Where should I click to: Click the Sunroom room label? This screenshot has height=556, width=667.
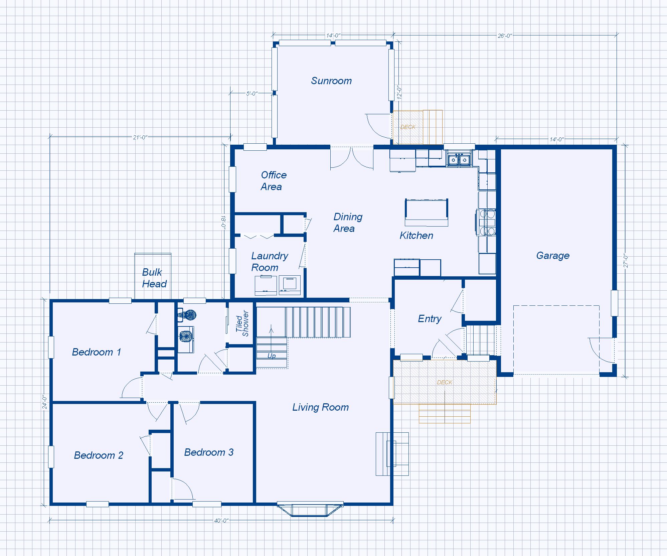point(331,81)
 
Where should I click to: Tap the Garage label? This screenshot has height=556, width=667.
point(553,256)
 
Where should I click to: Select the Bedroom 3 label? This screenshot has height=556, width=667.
point(209,452)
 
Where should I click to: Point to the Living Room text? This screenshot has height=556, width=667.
point(321,407)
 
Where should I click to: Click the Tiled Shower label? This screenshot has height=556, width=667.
point(242,323)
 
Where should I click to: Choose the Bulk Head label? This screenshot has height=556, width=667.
point(154,278)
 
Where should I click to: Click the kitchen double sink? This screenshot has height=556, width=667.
point(459,159)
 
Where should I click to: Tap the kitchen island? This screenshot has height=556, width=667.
point(427,213)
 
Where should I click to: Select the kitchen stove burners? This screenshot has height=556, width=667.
point(486,222)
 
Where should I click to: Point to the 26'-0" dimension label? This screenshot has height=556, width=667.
point(505,36)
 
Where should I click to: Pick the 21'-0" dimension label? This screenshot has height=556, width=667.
point(140,137)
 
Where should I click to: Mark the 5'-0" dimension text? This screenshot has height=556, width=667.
point(252,94)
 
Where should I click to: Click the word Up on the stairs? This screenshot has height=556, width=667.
point(272,356)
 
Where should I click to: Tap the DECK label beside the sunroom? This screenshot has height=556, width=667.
point(408,127)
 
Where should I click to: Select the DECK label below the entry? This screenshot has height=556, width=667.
point(445,382)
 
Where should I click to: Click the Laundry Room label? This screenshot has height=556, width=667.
point(269,262)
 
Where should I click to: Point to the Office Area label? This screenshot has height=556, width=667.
point(273,181)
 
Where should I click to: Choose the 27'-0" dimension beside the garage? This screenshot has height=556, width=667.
point(626,261)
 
